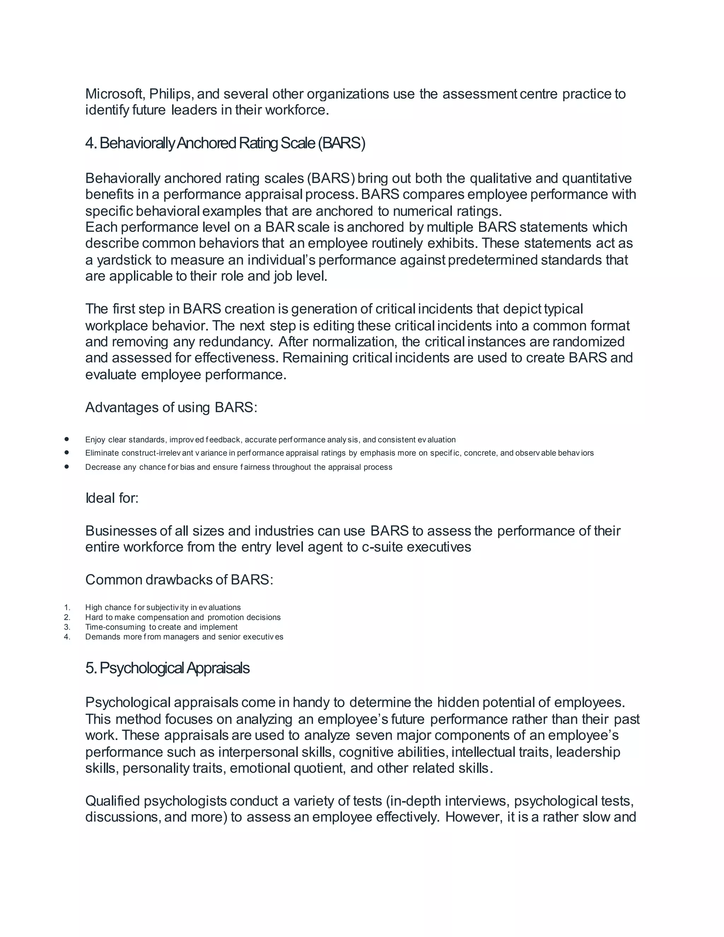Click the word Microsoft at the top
pyautogui.click(x=114, y=94)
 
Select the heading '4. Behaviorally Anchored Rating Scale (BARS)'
pyautogui.click(x=225, y=143)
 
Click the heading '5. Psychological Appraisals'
pyautogui.click(x=167, y=668)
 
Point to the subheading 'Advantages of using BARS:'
pyautogui.click(x=171, y=407)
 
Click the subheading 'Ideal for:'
pyautogui.click(x=112, y=498)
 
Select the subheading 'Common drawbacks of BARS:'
pyautogui.click(x=179, y=580)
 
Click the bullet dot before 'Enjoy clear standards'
pyautogui.click(x=66, y=439)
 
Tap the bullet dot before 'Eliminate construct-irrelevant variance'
pyautogui.click(x=66, y=452)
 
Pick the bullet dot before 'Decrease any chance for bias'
pyautogui.click(x=66, y=466)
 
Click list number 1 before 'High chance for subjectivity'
pyautogui.click(x=67, y=607)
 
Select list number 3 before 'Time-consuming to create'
pyautogui.click(x=67, y=627)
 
